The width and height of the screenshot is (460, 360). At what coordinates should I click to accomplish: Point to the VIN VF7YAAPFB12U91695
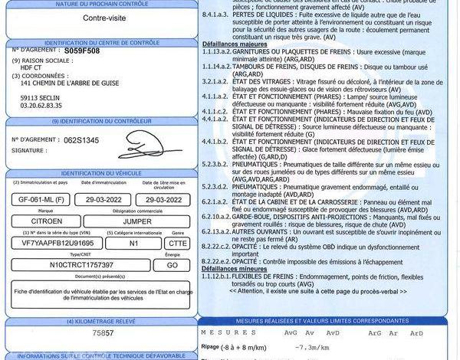54,241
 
